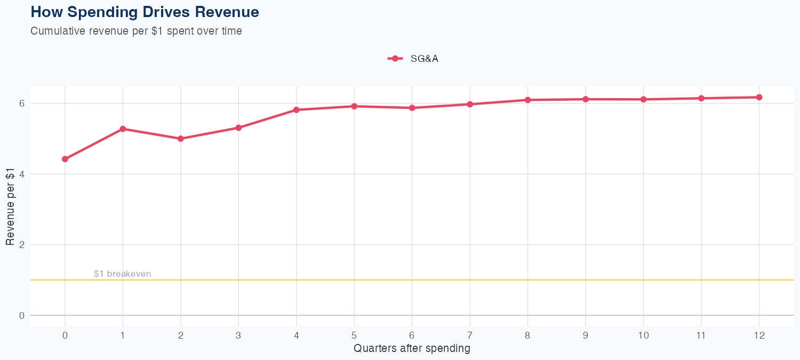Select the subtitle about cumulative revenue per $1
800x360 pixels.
tap(136, 31)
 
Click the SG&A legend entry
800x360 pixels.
tap(413, 59)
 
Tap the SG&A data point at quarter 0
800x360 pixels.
tap(65, 159)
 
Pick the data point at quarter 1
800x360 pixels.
tap(123, 129)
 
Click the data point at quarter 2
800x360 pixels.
tap(181, 139)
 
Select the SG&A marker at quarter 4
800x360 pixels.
tap(296, 110)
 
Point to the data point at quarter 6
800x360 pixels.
tap(412, 108)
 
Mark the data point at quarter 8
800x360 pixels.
tap(527, 100)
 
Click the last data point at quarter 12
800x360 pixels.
tap(759, 97)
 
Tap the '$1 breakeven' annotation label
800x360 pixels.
tap(122, 274)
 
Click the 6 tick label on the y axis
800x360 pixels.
tap(21, 103)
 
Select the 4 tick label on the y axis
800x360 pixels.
tap(21, 174)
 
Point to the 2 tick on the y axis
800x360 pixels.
tap(21, 245)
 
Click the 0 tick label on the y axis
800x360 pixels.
tap(21, 316)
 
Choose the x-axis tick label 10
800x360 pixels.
tap(643, 335)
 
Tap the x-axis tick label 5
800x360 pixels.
tap(354, 335)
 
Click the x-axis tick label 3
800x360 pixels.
tap(238, 335)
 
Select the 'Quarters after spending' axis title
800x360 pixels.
tap(412, 349)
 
